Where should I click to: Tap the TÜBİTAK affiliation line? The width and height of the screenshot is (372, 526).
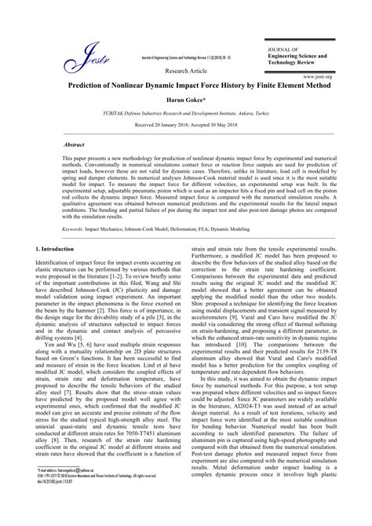(185, 114)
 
